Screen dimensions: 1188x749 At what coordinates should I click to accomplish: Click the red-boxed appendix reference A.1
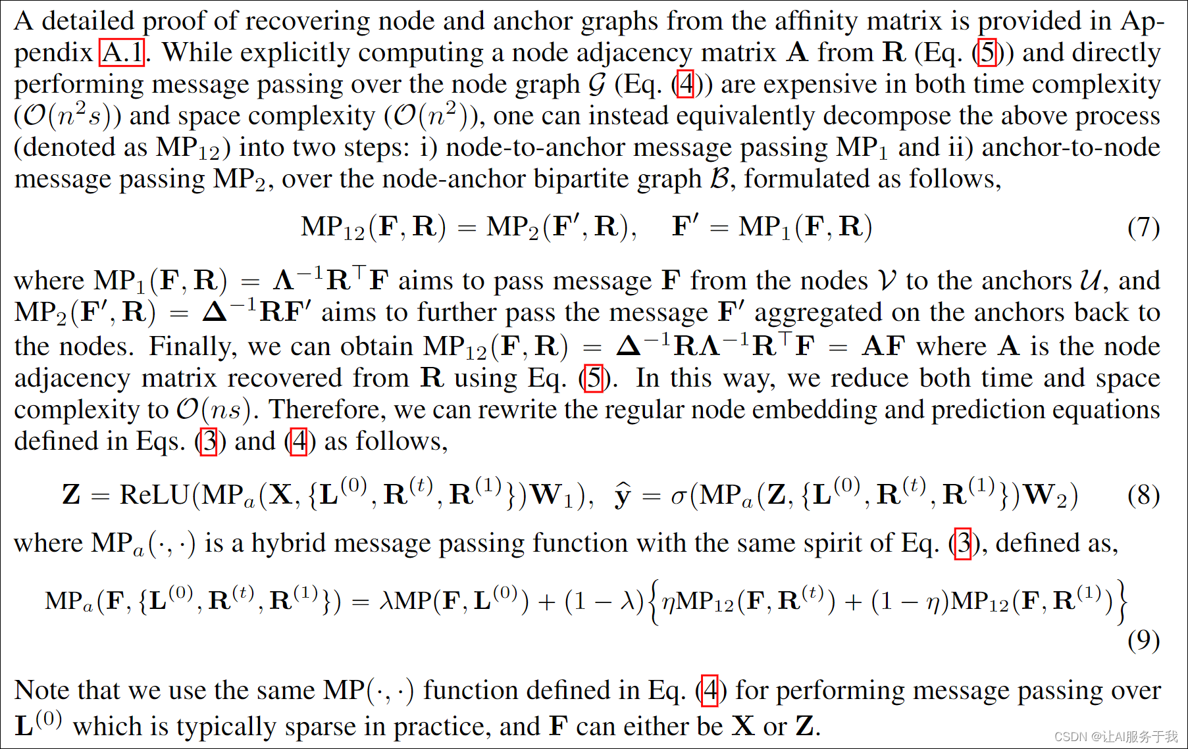[x=122, y=52]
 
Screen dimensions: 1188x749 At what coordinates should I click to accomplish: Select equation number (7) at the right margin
[x=1143, y=228]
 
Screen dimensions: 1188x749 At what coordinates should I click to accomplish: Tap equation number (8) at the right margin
[x=1143, y=495]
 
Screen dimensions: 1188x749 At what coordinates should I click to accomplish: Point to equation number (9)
[x=1143, y=640]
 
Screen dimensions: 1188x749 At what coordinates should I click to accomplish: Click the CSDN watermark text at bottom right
[x=1116, y=737]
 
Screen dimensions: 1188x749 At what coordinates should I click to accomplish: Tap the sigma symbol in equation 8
[x=678, y=496]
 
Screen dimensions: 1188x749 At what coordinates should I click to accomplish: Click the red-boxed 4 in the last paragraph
[x=710, y=690]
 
